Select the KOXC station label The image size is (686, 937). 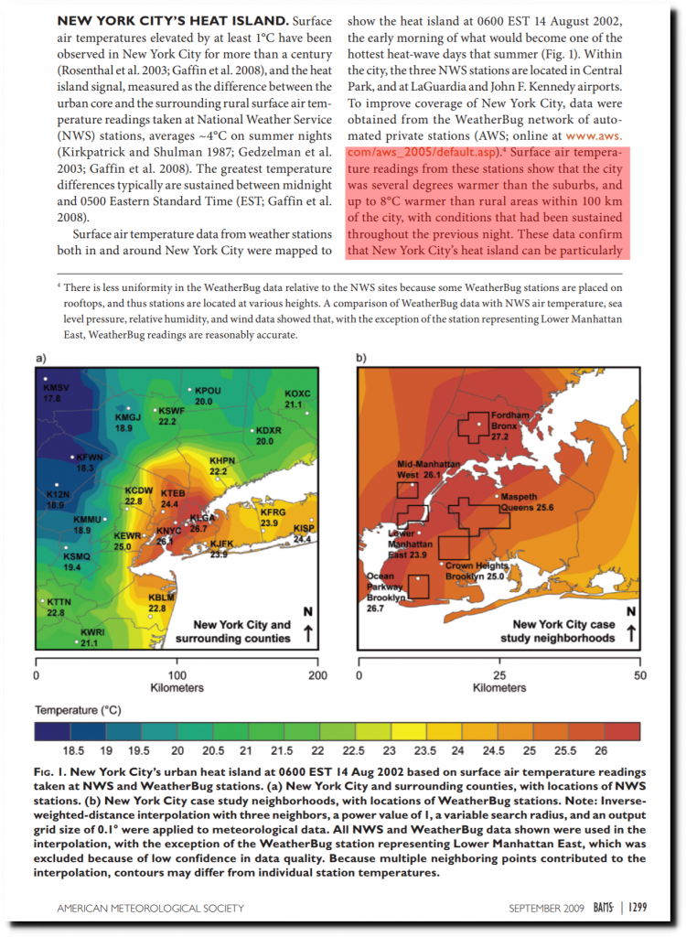point(298,398)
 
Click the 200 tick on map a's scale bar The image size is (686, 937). point(316,675)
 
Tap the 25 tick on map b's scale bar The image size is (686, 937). point(499,675)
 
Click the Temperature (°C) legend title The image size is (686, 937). point(79,709)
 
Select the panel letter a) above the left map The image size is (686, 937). point(40,358)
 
